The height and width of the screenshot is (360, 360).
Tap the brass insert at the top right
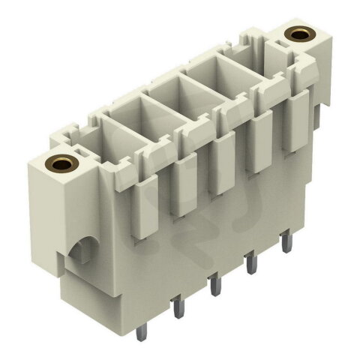click(x=300, y=34)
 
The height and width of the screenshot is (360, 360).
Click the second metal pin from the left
click(x=178, y=308)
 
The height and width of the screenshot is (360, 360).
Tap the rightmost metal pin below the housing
click(x=285, y=244)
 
